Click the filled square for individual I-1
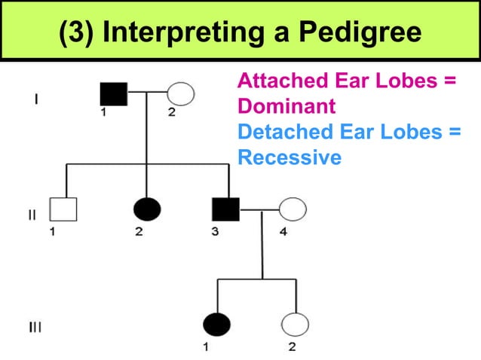pos(115,93)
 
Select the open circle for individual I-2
pos(180,93)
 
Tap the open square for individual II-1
pos(63,209)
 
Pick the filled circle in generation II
pos(146,209)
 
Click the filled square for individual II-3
pos(226,209)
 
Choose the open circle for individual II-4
pos(293,209)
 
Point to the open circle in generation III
pos(295,324)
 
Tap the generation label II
pos(32,214)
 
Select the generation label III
pos(35,327)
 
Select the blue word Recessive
pos(290,158)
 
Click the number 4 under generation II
pos(283,232)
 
